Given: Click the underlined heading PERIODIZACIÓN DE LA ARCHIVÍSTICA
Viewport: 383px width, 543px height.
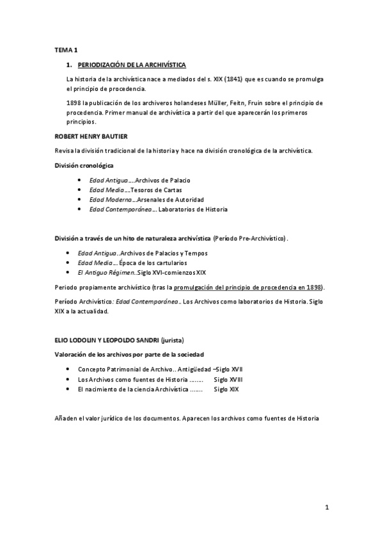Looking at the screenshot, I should click(132, 65).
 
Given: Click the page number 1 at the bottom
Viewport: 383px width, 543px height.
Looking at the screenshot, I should click(326, 508).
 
